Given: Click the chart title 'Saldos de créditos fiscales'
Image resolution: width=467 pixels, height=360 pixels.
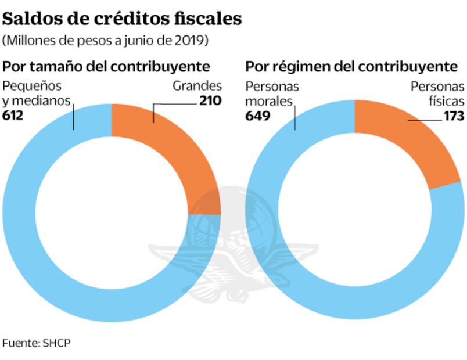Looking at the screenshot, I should coord(122,19).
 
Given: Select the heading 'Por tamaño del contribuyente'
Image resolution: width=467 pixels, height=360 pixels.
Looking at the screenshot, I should coord(106,66).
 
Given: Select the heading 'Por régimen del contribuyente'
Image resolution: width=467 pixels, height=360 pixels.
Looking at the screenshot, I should coord(351,66).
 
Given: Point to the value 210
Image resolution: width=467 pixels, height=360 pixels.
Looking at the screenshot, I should coord(210,101).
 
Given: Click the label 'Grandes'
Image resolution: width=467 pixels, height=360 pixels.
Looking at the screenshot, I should coord(197,87).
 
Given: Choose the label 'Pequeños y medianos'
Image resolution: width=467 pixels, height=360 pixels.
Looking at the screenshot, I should coord(37,93).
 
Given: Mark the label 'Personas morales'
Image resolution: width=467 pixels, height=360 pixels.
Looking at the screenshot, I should coord(272,93).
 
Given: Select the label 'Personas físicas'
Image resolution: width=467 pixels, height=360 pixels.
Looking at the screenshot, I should coord(437,93).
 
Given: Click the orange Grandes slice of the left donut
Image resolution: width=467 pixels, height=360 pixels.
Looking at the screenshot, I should coord(174,145).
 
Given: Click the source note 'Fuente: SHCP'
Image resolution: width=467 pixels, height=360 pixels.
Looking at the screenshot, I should coord(36,343).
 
